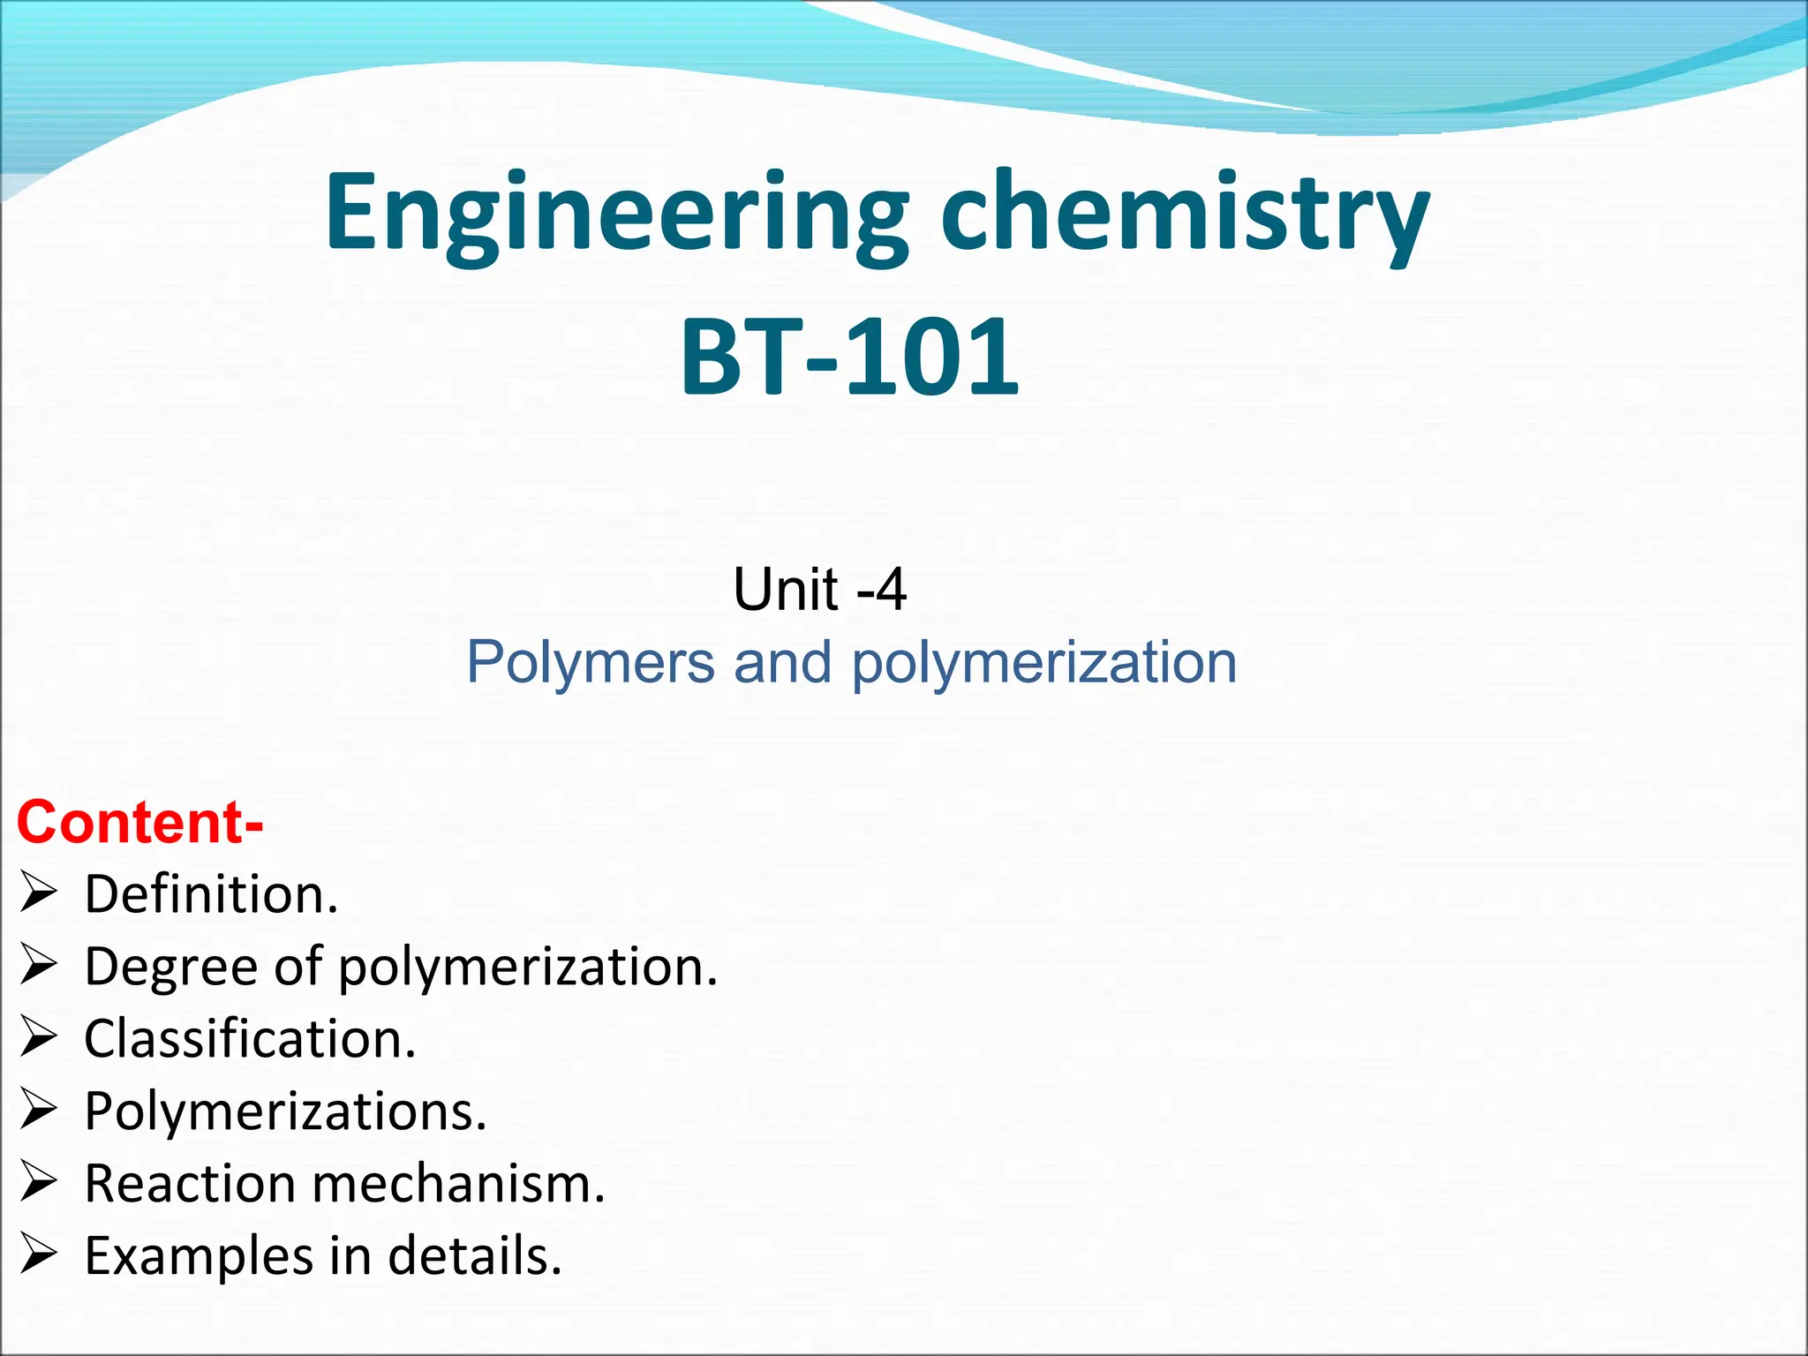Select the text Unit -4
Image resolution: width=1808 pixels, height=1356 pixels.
coord(819,589)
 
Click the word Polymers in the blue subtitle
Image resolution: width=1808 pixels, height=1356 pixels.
coord(590,662)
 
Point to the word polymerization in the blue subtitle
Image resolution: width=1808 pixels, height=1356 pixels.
coord(1043,662)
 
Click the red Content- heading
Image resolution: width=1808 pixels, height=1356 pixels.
coord(139,822)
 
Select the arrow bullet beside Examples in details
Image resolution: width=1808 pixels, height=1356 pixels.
coord(39,1254)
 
